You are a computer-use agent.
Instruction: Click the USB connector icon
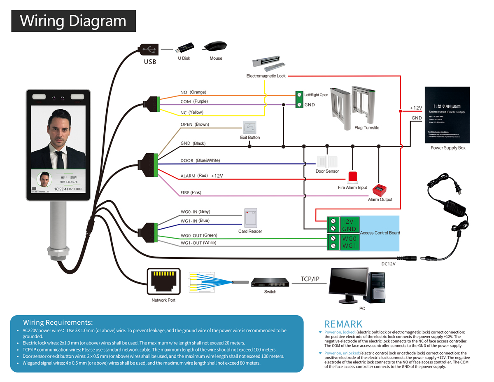[x=149, y=50]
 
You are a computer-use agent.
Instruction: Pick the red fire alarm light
[x=352, y=178]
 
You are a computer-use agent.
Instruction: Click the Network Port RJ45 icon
[x=164, y=282]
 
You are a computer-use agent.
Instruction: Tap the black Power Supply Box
[x=447, y=115]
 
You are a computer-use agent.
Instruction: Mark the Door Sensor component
[x=327, y=162]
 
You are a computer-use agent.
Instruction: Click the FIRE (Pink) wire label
[x=191, y=192]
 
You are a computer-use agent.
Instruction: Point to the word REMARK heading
[x=343, y=324]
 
